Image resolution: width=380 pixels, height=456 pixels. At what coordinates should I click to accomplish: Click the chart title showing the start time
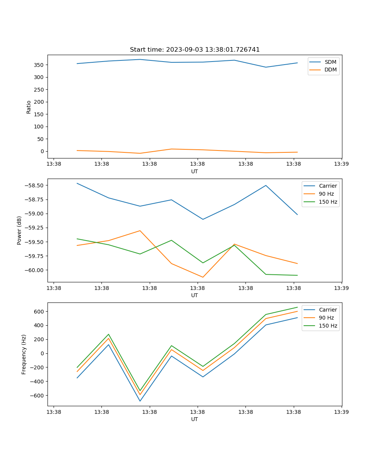click(195, 50)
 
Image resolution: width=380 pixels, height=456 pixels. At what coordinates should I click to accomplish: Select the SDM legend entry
click(330, 62)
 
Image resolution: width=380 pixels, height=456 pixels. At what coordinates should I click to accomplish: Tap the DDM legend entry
click(330, 70)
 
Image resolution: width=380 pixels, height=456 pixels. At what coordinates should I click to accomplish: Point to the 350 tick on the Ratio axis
click(39, 65)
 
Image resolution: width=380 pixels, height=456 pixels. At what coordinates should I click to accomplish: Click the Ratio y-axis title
click(29, 107)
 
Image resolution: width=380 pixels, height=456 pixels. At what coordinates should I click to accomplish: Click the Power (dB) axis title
click(19, 230)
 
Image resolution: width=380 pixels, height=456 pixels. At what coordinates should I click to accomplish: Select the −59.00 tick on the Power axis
click(34, 214)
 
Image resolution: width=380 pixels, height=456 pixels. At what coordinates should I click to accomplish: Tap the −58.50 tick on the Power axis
click(34, 185)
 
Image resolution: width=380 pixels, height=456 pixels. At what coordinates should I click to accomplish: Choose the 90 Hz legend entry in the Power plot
click(326, 194)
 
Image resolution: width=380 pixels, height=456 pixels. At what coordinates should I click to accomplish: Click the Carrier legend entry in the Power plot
click(328, 186)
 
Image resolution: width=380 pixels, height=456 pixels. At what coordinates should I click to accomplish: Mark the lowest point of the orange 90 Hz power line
click(203, 277)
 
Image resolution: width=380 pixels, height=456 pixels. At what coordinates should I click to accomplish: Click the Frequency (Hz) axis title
click(24, 354)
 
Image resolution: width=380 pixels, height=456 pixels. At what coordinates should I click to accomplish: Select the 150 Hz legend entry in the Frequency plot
click(328, 326)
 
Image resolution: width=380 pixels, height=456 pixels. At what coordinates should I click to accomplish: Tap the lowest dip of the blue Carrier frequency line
click(140, 401)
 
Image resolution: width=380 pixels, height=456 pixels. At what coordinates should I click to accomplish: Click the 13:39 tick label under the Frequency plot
click(342, 412)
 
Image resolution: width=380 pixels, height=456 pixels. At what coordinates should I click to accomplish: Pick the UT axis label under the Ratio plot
click(195, 171)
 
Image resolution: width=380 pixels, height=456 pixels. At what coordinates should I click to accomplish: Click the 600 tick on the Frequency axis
click(39, 312)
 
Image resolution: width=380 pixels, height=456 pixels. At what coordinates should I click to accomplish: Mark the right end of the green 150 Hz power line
click(298, 275)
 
